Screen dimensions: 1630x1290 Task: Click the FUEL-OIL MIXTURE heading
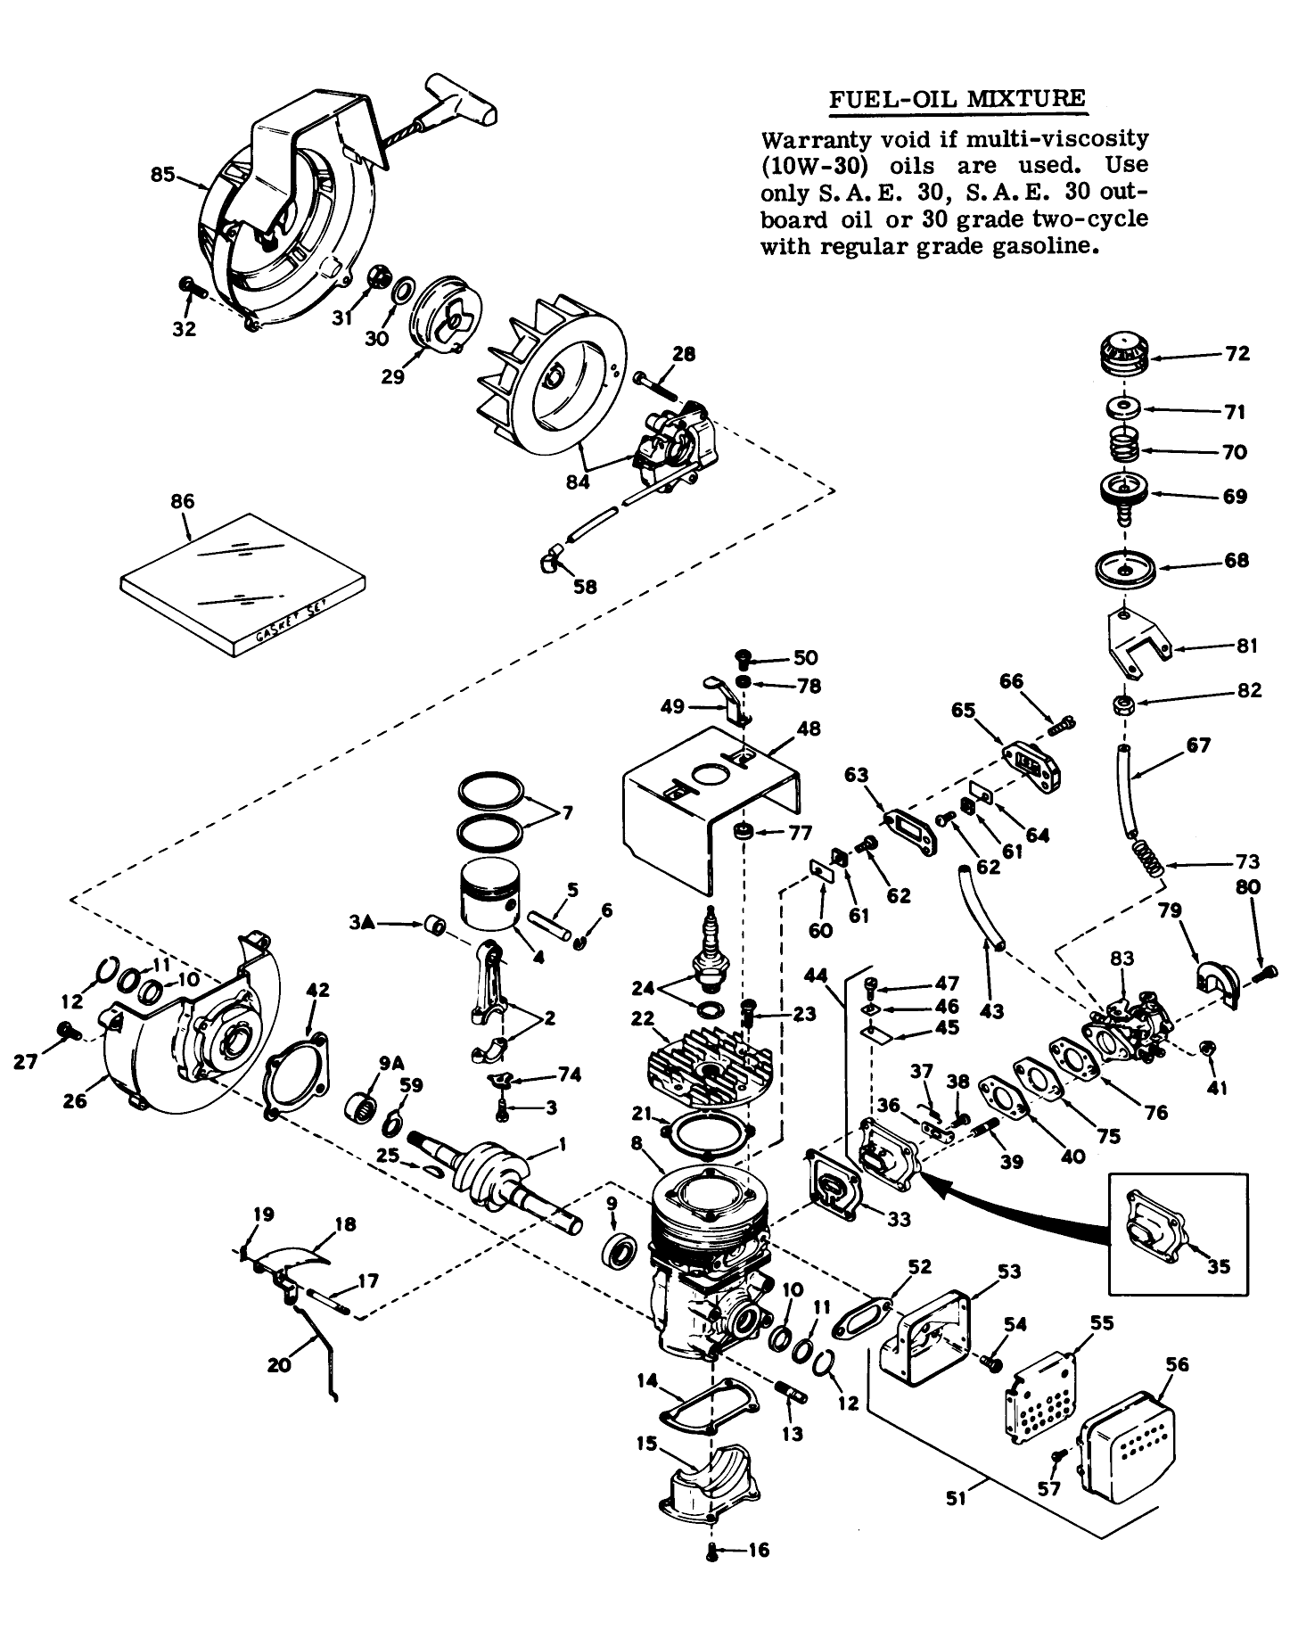click(x=957, y=98)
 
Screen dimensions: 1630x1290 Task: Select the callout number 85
click(x=163, y=174)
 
